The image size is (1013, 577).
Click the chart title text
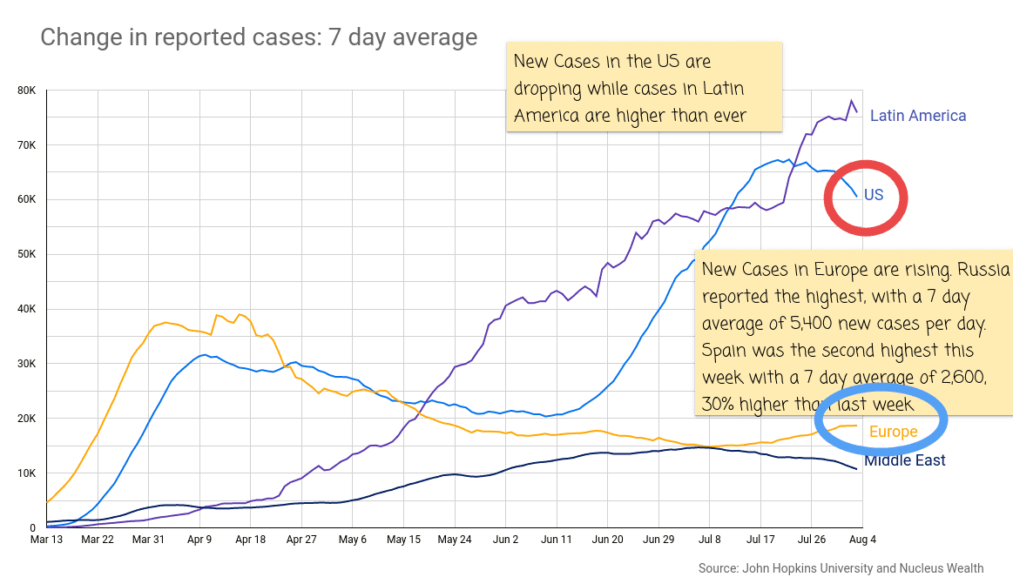pyautogui.click(x=259, y=37)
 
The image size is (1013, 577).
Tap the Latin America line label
pyautogui.click(x=918, y=116)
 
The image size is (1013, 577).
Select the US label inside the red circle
pyautogui.click(x=873, y=195)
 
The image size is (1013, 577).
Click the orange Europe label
pyautogui.click(x=893, y=432)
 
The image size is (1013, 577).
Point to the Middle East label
pyautogui.click(x=904, y=460)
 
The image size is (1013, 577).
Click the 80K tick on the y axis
pyautogui.click(x=25, y=91)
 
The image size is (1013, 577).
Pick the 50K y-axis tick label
pyautogui.click(x=25, y=254)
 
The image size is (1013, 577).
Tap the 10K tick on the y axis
pyautogui.click(x=25, y=473)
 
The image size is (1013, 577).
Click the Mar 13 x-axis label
pyautogui.click(x=46, y=540)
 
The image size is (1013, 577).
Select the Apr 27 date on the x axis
pyautogui.click(x=301, y=540)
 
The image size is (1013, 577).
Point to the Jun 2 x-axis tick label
pyautogui.click(x=505, y=540)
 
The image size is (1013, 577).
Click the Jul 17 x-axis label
pyautogui.click(x=760, y=540)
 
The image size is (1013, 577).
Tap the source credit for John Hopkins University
pyautogui.click(x=840, y=568)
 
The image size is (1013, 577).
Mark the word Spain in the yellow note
pyautogui.click(x=724, y=352)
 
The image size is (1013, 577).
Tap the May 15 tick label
pyautogui.click(x=403, y=540)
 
